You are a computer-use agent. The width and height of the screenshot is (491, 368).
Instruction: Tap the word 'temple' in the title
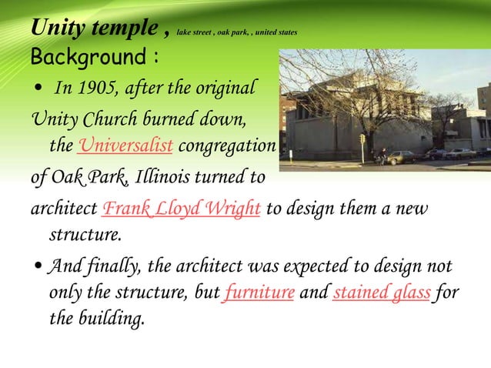(125, 29)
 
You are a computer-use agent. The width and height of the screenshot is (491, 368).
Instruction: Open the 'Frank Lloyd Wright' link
(181, 209)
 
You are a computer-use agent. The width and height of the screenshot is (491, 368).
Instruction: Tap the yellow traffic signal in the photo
(362, 139)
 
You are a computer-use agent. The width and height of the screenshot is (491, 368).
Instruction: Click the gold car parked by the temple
(399, 156)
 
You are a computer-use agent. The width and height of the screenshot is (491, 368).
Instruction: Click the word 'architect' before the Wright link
(64, 209)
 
